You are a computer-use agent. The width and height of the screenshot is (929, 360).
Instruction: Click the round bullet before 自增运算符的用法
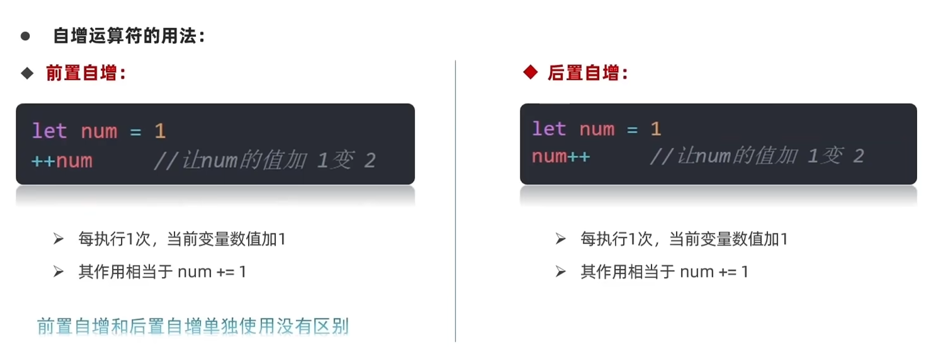tap(26, 36)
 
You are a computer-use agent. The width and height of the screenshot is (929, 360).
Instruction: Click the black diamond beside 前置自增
tap(27, 73)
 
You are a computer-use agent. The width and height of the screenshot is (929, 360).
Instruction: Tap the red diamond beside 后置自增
tap(530, 72)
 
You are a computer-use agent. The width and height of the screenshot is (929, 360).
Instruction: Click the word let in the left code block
tap(49, 131)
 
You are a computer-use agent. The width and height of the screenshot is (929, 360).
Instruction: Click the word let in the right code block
tap(548, 129)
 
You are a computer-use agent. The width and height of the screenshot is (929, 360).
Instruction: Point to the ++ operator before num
tap(43, 161)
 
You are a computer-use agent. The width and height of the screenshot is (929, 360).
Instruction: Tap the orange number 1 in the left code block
tap(160, 131)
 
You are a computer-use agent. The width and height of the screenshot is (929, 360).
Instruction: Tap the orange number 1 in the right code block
tap(656, 129)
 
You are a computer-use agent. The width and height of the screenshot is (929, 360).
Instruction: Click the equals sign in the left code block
tap(136, 132)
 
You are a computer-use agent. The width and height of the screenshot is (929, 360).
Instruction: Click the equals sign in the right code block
tap(632, 130)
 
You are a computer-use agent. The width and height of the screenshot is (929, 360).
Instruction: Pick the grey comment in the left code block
tap(265, 161)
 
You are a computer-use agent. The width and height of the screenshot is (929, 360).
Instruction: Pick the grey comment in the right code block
tap(757, 156)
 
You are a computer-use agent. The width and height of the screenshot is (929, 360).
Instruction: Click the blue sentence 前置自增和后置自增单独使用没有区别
tap(193, 326)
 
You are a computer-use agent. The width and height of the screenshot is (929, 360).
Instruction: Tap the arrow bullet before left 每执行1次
tap(59, 239)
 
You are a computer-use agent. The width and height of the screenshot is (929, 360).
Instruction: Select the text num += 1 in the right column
tap(714, 272)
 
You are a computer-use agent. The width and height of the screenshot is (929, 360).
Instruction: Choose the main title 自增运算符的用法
tap(128, 36)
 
